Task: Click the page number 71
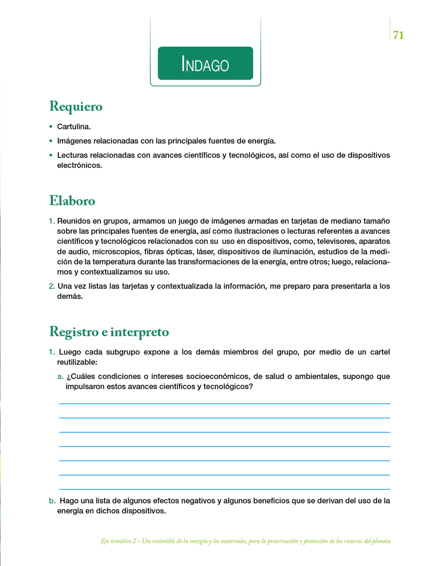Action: click(398, 35)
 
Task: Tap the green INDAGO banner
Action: click(205, 63)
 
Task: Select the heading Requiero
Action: click(76, 106)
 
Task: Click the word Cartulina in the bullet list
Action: click(73, 127)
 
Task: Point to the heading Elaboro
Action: click(72, 201)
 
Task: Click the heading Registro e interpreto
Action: click(109, 332)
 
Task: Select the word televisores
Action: click(336, 241)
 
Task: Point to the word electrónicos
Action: click(79, 165)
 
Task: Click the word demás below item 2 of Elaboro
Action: click(70, 296)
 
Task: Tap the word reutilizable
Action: click(77, 362)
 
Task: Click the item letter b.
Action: click(52, 501)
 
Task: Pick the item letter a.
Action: click(60, 376)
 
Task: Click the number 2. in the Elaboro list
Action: click(52, 286)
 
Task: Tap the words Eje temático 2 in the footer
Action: click(118, 541)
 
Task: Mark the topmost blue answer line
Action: click(224, 404)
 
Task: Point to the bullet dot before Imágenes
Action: click(51, 141)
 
